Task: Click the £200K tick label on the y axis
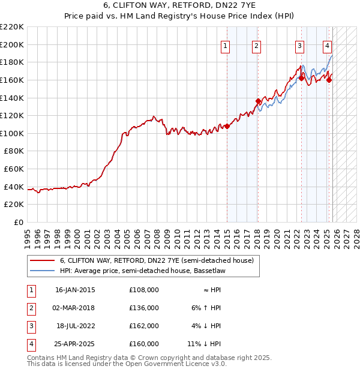12,44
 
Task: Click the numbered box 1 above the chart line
226,46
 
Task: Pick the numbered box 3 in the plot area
299,46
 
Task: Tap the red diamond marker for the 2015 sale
227,126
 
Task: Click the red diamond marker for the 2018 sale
258,101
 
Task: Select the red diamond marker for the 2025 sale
329,80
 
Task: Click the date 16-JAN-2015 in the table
75,290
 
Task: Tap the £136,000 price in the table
144,308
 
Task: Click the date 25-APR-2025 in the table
75,344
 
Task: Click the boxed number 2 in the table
31,308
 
